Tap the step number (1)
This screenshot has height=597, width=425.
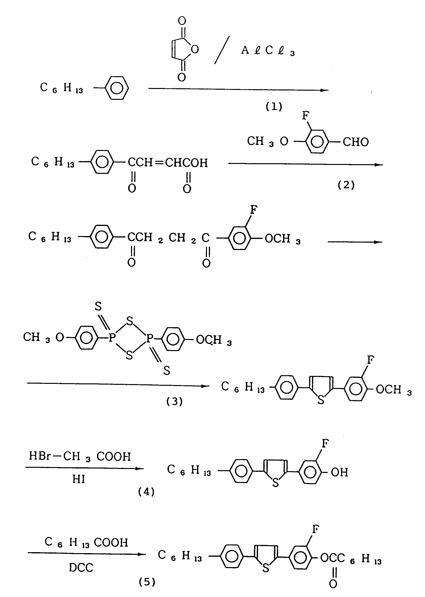pyautogui.click(x=274, y=107)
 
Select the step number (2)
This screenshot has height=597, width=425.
pyautogui.click(x=346, y=185)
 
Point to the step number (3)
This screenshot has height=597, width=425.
pyautogui.click(x=174, y=401)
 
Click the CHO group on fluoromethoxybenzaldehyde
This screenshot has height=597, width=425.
pyautogui.click(x=356, y=142)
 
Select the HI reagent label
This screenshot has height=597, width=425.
pyautogui.click(x=79, y=479)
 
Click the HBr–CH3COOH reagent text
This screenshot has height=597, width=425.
pyautogui.click(x=80, y=456)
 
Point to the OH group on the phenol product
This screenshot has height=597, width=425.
pyautogui.click(x=339, y=472)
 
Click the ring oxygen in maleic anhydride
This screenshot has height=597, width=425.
pyautogui.click(x=195, y=49)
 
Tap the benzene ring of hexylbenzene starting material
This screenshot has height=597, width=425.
pyautogui.click(x=117, y=88)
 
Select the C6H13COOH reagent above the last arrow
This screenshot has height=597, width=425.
pyautogui.click(x=86, y=543)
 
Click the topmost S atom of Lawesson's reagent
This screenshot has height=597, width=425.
pyautogui.click(x=98, y=306)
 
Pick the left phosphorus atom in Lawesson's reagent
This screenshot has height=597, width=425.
pyautogui.click(x=112, y=338)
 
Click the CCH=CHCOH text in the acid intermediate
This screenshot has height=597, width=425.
pyautogui.click(x=168, y=163)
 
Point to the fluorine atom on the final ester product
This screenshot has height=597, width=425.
pyautogui.click(x=316, y=529)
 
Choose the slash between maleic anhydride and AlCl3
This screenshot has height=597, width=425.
pyautogui.click(x=222, y=50)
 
